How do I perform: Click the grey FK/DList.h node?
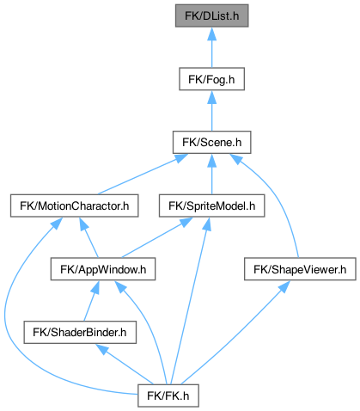(211, 15)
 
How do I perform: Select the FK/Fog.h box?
(211, 79)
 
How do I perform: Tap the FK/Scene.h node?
(211, 142)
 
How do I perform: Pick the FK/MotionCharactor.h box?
(75, 205)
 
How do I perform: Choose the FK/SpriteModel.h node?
(211, 205)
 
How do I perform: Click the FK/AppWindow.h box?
(103, 269)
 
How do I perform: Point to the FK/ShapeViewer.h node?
(300, 269)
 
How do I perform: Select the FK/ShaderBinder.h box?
(80, 333)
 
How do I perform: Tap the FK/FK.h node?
(168, 396)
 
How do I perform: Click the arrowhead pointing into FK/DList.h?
(211, 34)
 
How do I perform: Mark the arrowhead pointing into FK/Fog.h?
(211, 97)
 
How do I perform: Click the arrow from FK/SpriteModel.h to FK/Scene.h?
(211, 175)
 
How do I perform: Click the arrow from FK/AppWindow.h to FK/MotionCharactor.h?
(88, 237)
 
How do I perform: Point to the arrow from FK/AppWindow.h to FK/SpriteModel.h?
(157, 237)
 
